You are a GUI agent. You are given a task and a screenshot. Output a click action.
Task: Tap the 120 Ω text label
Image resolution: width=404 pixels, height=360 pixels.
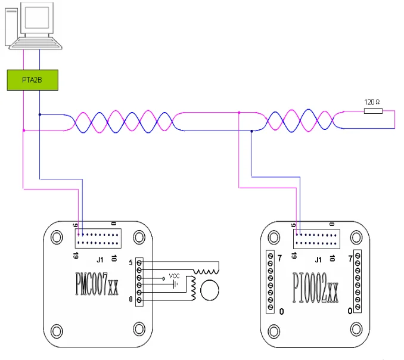click(372, 102)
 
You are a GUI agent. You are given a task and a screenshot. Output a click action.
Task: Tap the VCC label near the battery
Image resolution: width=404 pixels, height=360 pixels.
click(174, 276)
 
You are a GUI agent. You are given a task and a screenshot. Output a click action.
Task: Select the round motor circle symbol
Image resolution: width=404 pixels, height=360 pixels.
click(210, 291)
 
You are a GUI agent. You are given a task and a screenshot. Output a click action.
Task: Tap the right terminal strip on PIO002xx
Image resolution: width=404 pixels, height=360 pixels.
click(358, 280)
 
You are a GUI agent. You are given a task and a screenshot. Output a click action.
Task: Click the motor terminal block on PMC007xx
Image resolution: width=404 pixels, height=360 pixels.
click(139, 282)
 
